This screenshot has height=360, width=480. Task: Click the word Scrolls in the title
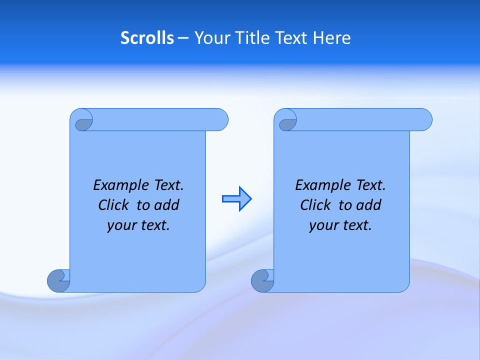pyautogui.click(x=147, y=38)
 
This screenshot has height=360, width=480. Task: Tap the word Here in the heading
pyautogui.click(x=331, y=38)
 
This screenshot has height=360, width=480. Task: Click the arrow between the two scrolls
pyautogui.click(x=236, y=199)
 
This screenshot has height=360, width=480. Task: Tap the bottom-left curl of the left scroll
pyautogui.click(x=58, y=280)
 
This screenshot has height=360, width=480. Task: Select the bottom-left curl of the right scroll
pyautogui.click(x=262, y=280)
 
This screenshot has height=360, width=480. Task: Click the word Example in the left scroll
pyautogui.click(x=119, y=185)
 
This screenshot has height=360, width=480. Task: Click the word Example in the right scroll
pyautogui.click(x=321, y=185)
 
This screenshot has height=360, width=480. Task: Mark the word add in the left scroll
pyautogui.click(x=167, y=205)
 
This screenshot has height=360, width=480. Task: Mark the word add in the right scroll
pyautogui.click(x=369, y=205)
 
